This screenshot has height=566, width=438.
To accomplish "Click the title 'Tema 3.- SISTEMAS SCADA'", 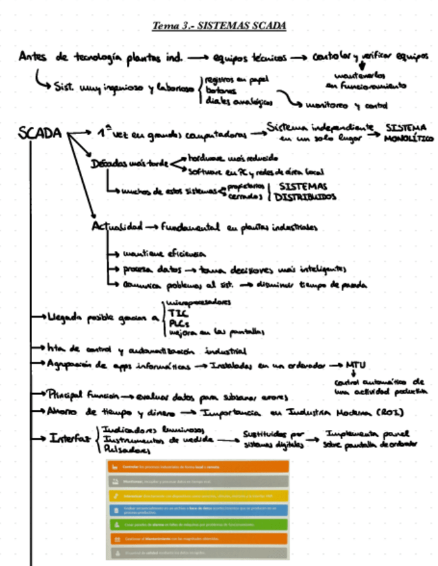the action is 219,26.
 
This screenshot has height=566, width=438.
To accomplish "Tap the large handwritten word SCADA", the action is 41,133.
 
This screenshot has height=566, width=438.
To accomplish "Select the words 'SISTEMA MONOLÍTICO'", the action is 409,132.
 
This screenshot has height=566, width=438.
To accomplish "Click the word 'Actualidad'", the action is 117,227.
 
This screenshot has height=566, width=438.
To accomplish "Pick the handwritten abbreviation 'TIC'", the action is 178,312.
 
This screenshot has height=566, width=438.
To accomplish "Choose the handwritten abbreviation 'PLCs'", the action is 178,321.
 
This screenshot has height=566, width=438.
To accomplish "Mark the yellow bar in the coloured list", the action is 198,496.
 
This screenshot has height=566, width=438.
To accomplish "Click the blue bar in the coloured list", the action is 198,510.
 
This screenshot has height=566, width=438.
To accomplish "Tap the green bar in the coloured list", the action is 198,524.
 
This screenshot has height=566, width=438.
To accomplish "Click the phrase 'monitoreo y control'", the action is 346,105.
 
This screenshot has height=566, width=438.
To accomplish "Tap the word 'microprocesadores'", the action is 198,302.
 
